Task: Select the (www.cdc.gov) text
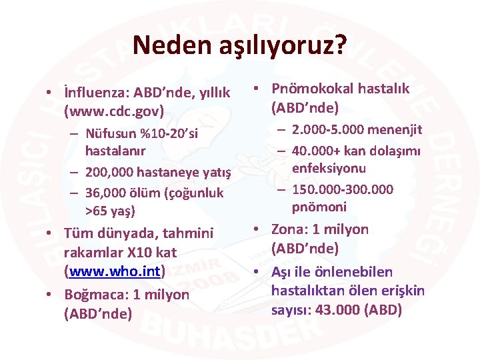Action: [113, 110]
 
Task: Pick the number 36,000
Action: [106, 193]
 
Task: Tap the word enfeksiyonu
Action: [329, 169]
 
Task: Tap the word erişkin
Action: [402, 291]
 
